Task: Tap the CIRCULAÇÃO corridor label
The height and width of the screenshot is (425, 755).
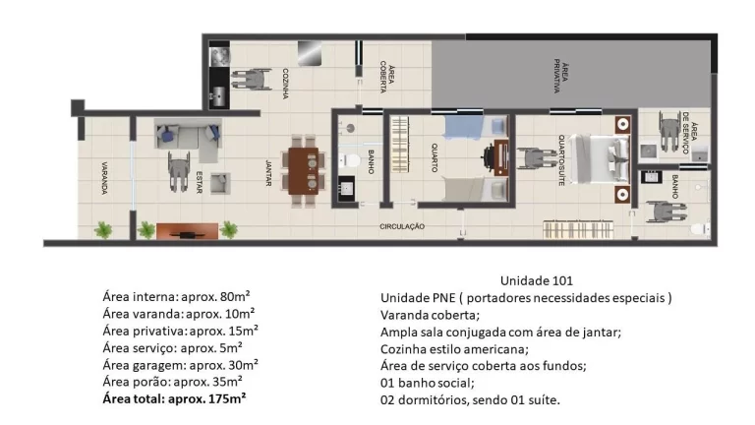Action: [x=402, y=226]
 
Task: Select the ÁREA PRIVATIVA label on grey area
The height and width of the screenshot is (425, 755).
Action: [x=559, y=77]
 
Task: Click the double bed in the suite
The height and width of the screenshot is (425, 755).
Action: [x=601, y=157]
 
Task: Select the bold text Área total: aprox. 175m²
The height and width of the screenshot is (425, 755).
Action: [x=174, y=399]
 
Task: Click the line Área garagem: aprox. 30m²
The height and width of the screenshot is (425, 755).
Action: [x=172, y=364]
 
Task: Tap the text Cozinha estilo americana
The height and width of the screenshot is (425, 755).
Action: [x=454, y=348]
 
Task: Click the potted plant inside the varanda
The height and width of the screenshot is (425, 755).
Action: [x=102, y=230]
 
